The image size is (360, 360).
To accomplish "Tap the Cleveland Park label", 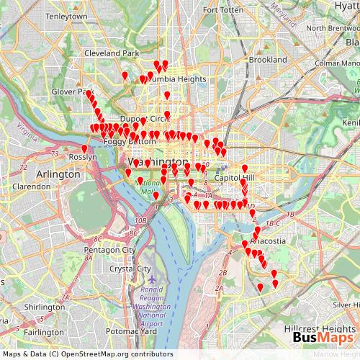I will (112, 53).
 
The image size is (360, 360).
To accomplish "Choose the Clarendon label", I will (32, 186).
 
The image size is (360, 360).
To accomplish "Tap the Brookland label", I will (268, 60).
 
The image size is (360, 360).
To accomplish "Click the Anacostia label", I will (269, 241).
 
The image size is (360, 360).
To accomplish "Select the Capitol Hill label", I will (235, 178).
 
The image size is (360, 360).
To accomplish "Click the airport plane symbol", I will (150, 277).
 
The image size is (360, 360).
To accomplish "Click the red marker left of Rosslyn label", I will (84, 149).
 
